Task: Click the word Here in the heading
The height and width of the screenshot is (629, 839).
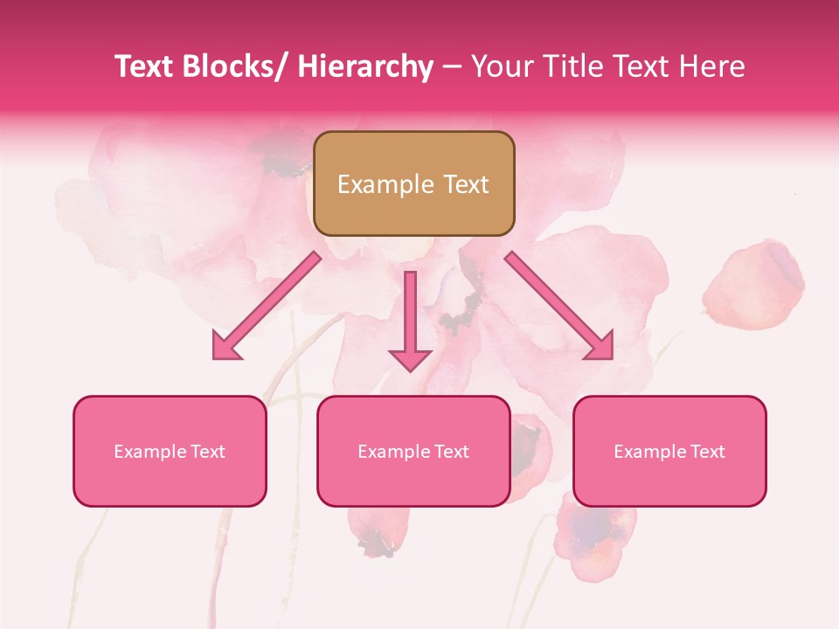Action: coord(709,66)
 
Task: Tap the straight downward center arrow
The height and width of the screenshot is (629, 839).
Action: coord(410,314)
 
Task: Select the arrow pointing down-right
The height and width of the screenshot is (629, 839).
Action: coord(559,306)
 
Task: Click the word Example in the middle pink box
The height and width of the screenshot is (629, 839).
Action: coord(392,452)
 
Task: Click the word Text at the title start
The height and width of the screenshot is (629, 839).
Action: coord(142,66)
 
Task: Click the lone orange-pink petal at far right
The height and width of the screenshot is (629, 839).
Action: coord(753,284)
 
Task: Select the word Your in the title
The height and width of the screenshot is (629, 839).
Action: coord(503,66)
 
